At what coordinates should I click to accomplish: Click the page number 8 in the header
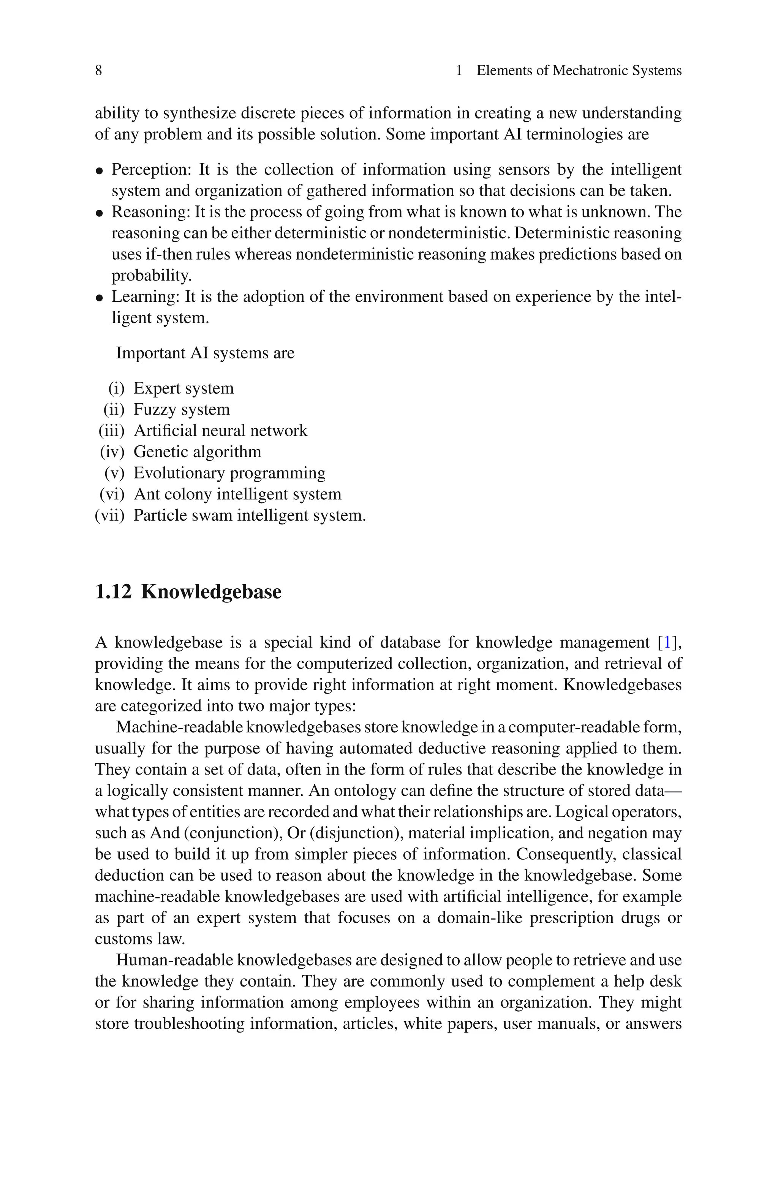click(98, 70)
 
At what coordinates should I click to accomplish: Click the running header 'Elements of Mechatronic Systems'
click(579, 70)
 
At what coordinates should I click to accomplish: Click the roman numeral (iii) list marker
click(112, 431)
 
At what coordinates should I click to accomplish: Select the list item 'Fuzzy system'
click(182, 409)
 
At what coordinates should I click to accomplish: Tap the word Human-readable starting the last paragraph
click(174, 960)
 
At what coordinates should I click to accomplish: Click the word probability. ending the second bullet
click(151, 276)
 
